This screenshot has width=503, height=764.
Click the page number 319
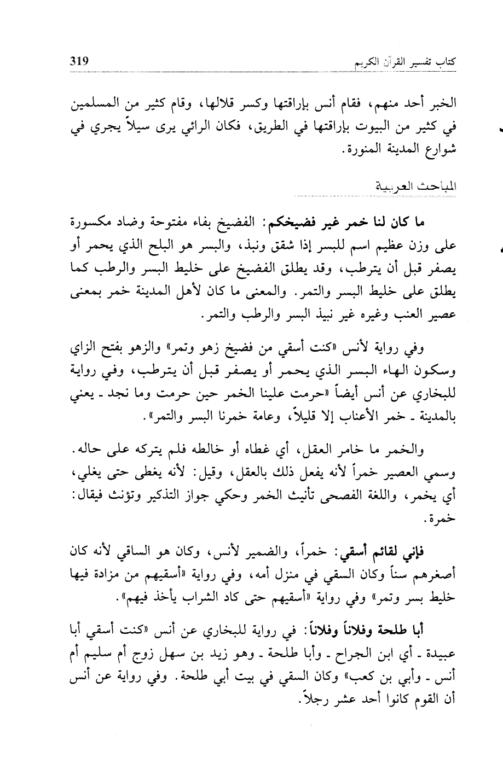tap(81, 61)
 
